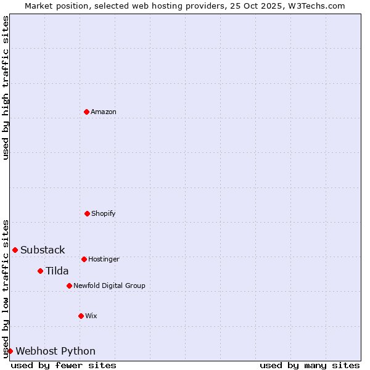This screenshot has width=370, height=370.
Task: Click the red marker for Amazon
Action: click(86, 112)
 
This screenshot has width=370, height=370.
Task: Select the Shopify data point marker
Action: click(87, 213)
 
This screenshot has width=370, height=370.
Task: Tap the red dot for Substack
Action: click(15, 250)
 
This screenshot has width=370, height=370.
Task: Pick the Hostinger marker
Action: click(84, 259)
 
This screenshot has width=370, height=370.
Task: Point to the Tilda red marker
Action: click(40, 271)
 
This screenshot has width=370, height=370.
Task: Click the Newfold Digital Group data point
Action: click(69, 286)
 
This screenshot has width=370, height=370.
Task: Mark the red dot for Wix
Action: click(81, 316)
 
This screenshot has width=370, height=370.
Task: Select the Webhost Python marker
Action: click(10, 351)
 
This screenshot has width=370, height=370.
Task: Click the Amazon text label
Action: click(104, 112)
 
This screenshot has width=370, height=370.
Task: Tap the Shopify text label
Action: click(104, 213)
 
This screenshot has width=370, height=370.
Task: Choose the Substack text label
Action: click(43, 250)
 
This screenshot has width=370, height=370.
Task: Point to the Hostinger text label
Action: click(104, 259)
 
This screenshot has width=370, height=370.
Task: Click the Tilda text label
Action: click(57, 271)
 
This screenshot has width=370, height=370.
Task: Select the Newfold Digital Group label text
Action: click(109, 286)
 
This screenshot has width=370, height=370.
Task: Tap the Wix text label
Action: click(91, 316)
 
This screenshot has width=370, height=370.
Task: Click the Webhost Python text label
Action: click(55, 351)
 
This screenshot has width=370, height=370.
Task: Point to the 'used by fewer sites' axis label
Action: click(64, 365)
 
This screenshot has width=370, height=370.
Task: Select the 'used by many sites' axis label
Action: click(310, 365)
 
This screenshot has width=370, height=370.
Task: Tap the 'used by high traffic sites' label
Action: click(6, 88)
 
